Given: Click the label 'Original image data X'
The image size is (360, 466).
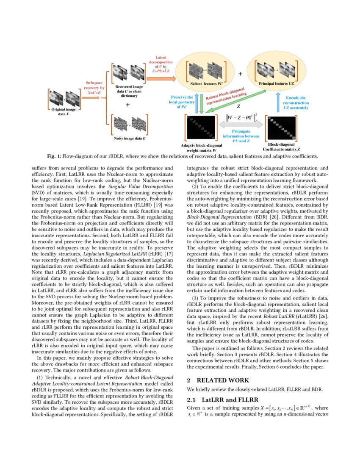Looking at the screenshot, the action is [x=63, y=111].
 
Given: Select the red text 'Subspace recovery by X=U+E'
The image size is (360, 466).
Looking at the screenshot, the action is [x=94, y=88].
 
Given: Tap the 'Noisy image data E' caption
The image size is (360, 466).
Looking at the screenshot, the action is [x=130, y=138].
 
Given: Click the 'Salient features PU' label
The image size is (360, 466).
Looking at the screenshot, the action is [x=206, y=83].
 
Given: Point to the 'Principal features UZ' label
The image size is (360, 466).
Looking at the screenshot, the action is [x=276, y=83].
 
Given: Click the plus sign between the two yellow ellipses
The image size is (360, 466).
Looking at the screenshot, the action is [x=240, y=74].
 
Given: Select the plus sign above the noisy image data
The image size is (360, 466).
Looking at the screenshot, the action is [x=128, y=105].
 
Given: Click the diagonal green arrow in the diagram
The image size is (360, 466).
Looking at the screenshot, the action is [x=235, y=102].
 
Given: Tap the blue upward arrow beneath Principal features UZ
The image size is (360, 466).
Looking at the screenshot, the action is [x=278, y=102].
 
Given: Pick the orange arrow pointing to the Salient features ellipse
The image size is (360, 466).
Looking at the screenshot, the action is [x=161, y=78].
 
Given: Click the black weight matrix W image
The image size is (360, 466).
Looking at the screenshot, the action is [x=201, y=127].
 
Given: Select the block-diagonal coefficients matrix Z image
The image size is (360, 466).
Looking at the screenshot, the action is [x=282, y=128].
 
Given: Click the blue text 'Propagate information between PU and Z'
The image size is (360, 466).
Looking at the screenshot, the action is [x=241, y=136].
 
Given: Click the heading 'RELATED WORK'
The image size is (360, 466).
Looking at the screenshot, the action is [x=223, y=380].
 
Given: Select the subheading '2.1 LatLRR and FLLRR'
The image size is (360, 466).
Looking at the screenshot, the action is [x=223, y=400].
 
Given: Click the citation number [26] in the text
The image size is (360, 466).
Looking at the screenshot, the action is [x=324, y=316].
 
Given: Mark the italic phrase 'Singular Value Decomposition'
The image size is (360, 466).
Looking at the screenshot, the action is [x=141, y=187].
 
